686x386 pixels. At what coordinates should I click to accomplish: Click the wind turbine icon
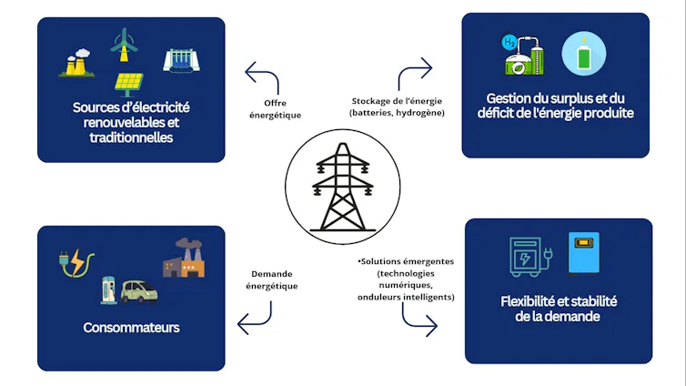pyautogui.click(x=124, y=45)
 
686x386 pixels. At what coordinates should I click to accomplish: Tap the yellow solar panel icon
pyautogui.click(x=128, y=84)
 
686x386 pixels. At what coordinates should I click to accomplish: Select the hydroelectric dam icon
pyautogui.click(x=181, y=60)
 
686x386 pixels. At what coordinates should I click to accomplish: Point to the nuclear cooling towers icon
pyautogui.click(x=77, y=63)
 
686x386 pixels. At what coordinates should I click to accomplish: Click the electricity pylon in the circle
pyautogui.click(x=343, y=187)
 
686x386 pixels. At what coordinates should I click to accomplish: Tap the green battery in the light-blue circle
pyautogui.click(x=583, y=55)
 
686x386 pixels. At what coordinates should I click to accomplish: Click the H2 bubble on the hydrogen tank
pyautogui.click(x=509, y=43)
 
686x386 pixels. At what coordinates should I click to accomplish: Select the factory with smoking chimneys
pyautogui.click(x=184, y=259)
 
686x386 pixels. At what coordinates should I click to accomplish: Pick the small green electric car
pyautogui.click(x=139, y=291)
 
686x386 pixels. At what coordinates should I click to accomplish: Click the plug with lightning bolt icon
pyautogui.click(x=77, y=263)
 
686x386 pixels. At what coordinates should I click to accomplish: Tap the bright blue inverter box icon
pyautogui.click(x=583, y=253)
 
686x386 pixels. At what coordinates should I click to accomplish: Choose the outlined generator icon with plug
pyautogui.click(x=530, y=257)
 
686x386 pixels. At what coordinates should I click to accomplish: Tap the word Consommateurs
pyautogui.click(x=131, y=328)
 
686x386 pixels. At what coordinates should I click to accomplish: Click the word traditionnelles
pyautogui.click(x=131, y=137)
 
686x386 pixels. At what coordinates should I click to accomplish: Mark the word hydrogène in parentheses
pyautogui.click(x=420, y=113)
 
